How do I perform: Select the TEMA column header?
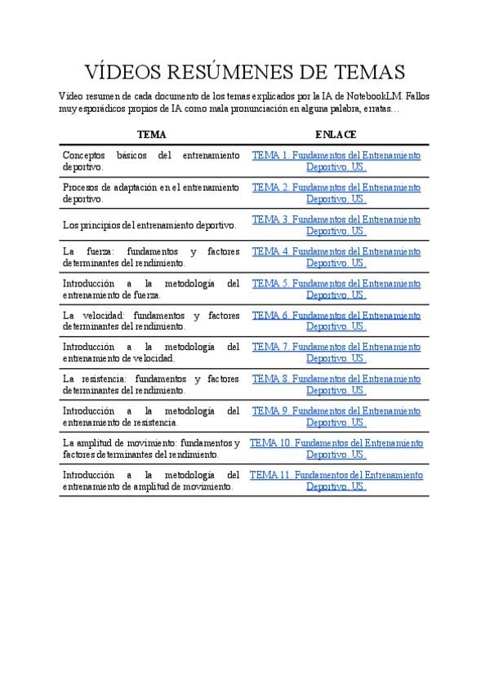[x=151, y=135]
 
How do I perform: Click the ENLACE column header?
[x=336, y=135]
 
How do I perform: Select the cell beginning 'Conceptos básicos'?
[x=151, y=161]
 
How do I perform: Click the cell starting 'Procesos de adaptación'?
[x=151, y=193]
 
